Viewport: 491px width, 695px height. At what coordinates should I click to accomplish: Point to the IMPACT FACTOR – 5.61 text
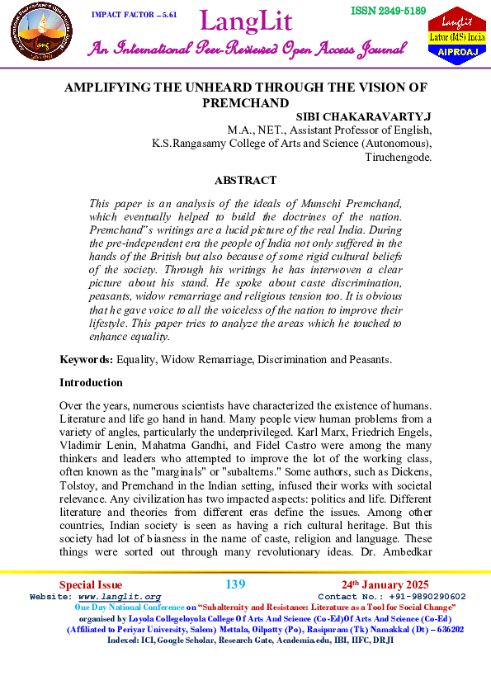tap(134, 15)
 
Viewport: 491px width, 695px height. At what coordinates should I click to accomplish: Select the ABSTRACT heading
tap(245, 180)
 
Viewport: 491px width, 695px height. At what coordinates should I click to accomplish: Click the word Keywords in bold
tap(86, 360)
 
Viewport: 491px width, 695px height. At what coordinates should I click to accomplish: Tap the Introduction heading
tap(91, 383)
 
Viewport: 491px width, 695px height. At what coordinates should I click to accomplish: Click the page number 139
tap(235, 584)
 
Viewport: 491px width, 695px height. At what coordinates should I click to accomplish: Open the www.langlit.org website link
tap(119, 596)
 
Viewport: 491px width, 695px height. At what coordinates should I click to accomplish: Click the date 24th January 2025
tap(385, 584)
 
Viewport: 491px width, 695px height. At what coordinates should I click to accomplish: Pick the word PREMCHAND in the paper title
tap(245, 102)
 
